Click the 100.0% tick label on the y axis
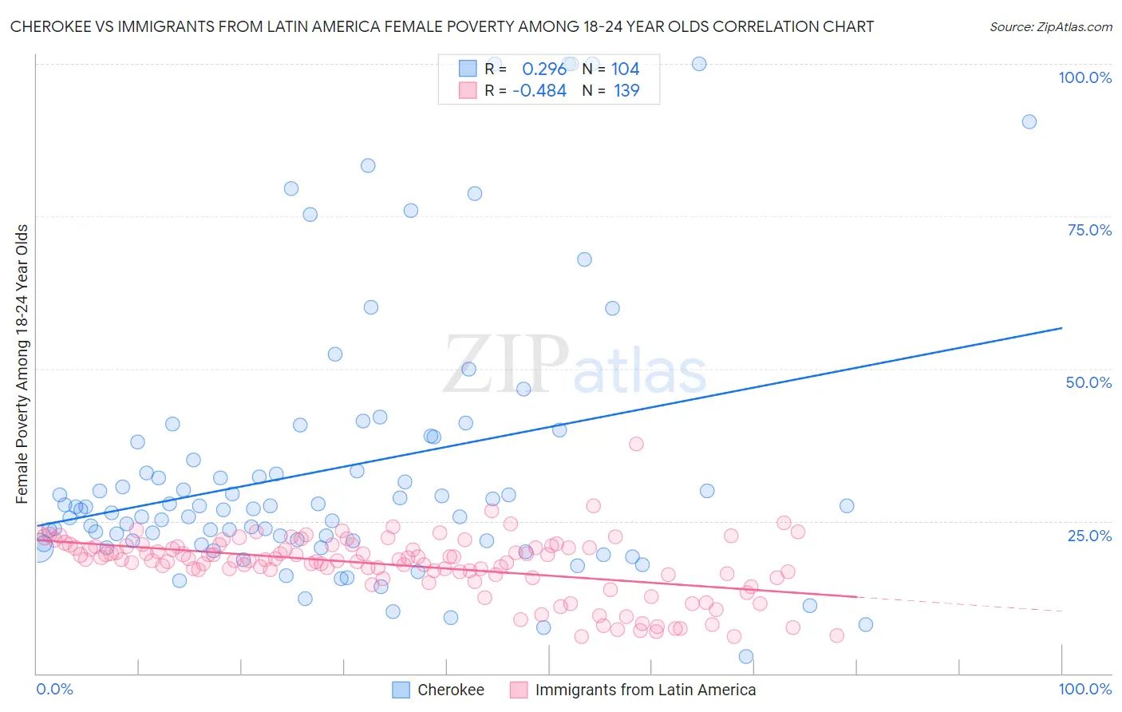tap(1084, 77)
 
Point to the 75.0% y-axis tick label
tap(1089, 230)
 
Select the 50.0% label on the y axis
tap(1088, 382)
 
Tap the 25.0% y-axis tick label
tap(1089, 535)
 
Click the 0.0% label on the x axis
tap(54, 689)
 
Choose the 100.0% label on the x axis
tap(1084, 689)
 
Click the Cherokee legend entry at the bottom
tap(450, 690)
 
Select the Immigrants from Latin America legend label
tap(645, 690)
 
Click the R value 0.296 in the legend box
tap(544, 69)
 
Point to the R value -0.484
tap(539, 91)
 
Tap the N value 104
tap(626, 69)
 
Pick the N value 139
tap(626, 91)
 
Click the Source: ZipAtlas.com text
tap(1050, 26)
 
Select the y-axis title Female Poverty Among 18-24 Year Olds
tap(22, 364)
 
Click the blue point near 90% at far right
tap(1029, 121)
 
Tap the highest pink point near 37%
tap(636, 444)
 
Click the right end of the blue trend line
tap(1061, 328)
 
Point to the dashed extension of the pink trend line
tap(958, 603)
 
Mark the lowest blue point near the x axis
tap(746, 656)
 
